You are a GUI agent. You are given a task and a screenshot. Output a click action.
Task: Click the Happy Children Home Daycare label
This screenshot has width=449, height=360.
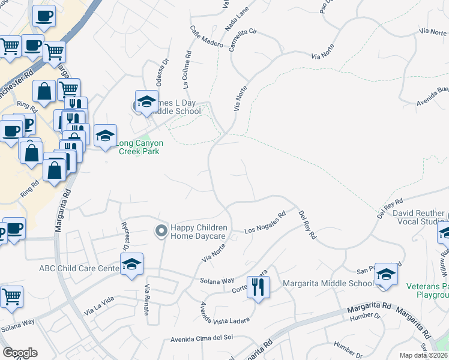(x=199, y=232)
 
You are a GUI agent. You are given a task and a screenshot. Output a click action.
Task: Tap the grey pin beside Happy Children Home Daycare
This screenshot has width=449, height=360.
(x=161, y=231)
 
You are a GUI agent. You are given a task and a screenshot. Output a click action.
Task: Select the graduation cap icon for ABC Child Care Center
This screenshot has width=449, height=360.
(x=131, y=264)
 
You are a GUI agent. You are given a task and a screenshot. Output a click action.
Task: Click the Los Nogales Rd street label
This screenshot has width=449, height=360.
(x=265, y=223)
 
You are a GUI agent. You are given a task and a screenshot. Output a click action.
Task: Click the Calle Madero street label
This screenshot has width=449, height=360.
(x=206, y=37)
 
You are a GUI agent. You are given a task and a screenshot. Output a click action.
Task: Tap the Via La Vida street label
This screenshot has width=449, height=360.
(x=99, y=309)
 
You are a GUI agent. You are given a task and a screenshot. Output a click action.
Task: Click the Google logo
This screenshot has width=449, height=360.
(x=20, y=353)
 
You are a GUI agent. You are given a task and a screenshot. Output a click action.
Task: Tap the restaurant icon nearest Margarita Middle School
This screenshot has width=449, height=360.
(x=258, y=287)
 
